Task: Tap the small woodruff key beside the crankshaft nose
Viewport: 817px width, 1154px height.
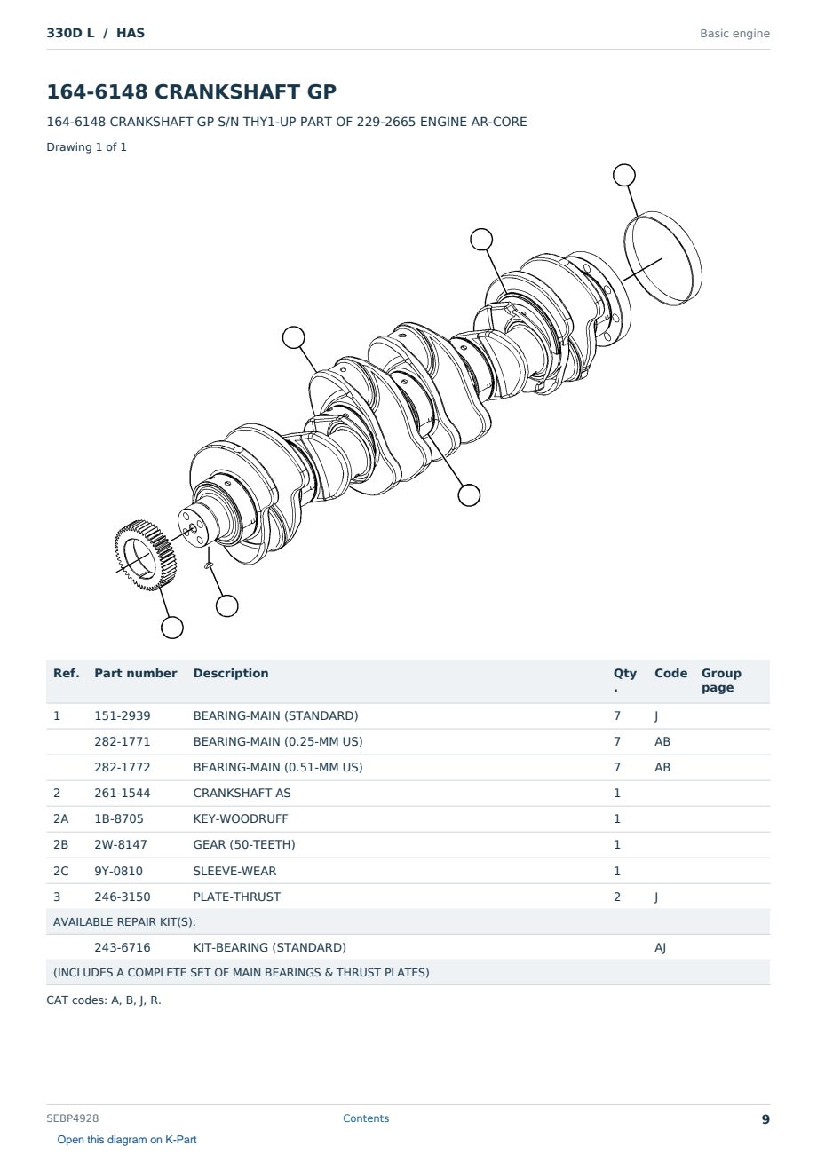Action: pyautogui.click(x=209, y=565)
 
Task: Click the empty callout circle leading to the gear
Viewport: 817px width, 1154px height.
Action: pyautogui.click(x=172, y=628)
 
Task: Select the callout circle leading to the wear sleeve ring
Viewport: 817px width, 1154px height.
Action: pyautogui.click(x=623, y=175)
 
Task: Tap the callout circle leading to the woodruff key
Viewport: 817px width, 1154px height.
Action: pyautogui.click(x=226, y=605)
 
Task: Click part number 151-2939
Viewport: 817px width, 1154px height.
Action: pyautogui.click(x=123, y=715)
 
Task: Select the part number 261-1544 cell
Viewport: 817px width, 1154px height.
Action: pyautogui.click(x=123, y=793)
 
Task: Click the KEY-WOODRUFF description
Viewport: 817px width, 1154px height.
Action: pyautogui.click(x=240, y=818)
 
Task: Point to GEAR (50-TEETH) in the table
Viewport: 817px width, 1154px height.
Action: pyautogui.click(x=244, y=844)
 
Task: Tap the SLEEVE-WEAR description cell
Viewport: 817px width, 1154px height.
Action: pyautogui.click(x=234, y=871)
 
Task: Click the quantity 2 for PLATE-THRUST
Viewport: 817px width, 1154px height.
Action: pyautogui.click(x=617, y=897)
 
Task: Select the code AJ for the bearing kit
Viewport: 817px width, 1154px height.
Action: pyautogui.click(x=661, y=947)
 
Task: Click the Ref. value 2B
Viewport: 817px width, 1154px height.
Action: pyautogui.click(x=60, y=844)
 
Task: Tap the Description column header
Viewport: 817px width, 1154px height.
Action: pyautogui.click(x=230, y=673)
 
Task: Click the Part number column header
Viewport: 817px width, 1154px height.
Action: pyautogui.click(x=136, y=673)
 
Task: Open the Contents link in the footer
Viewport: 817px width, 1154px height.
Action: pyautogui.click(x=366, y=1118)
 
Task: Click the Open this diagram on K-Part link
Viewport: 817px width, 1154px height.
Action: pyautogui.click(x=127, y=1139)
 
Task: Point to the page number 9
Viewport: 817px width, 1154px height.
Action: pyautogui.click(x=765, y=1119)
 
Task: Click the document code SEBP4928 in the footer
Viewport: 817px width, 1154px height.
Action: pyautogui.click(x=73, y=1118)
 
